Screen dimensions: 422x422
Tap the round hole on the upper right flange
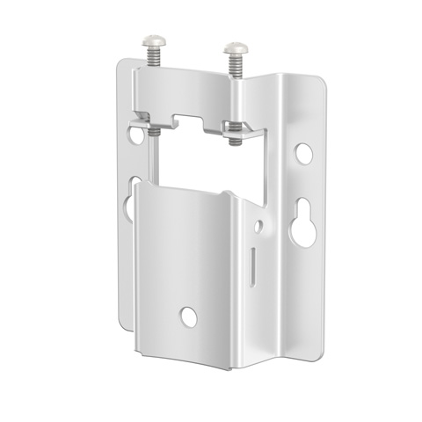pyautogui.click(x=303, y=153)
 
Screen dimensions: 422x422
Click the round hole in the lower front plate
pyautogui.click(x=189, y=317)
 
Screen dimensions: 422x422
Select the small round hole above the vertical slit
pyautogui.click(x=258, y=227)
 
